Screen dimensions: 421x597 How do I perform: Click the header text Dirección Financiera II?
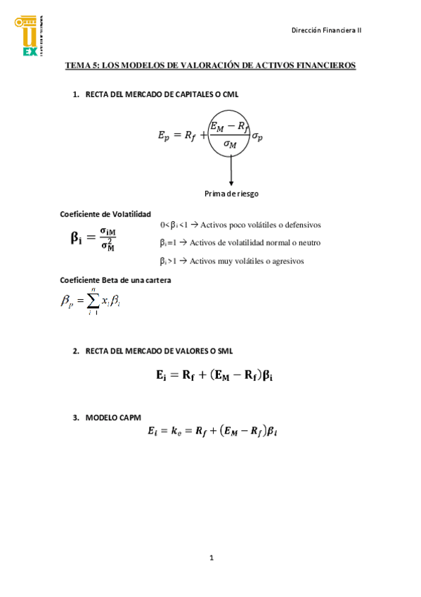326,30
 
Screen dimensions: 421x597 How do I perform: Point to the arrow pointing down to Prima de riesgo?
229,173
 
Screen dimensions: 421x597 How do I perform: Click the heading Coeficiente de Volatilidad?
105,214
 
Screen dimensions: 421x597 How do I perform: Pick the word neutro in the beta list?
309,242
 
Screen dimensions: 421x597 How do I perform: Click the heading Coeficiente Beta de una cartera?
116,279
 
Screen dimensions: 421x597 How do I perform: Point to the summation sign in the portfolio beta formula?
92,301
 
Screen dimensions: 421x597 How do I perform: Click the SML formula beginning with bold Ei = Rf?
214,376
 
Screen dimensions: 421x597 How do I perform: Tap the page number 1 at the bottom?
211,558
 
